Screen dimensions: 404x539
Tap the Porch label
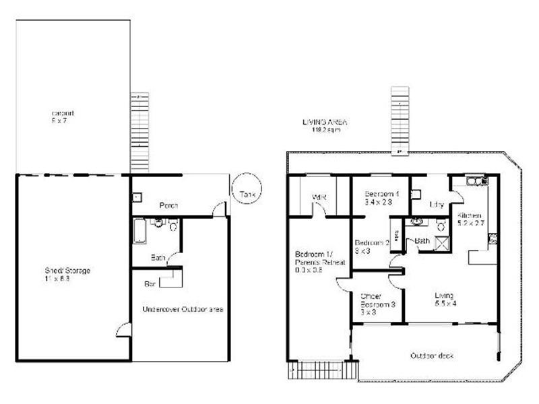coord(168,205)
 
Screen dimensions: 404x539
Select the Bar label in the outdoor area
coord(151,284)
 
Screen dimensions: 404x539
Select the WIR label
coord(319,198)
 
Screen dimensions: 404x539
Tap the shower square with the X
coord(443,245)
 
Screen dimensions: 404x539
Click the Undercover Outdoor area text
coord(183,309)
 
